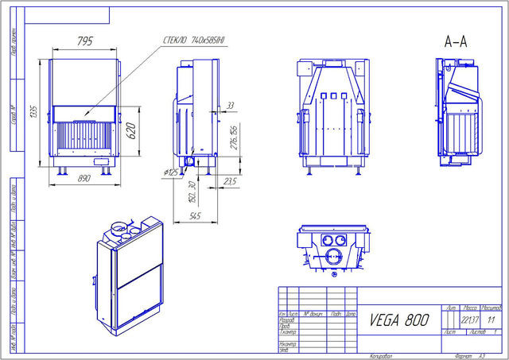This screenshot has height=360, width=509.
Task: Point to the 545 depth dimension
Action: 195,215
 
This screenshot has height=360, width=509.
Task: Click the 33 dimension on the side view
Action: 231,105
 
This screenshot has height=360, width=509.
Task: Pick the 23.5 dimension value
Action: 231,182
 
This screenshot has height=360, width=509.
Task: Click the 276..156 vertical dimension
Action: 234,136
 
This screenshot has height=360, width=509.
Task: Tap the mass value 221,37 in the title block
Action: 470,319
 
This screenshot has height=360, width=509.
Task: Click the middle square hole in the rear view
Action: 332,98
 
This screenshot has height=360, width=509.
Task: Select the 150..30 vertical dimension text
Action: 192,190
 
